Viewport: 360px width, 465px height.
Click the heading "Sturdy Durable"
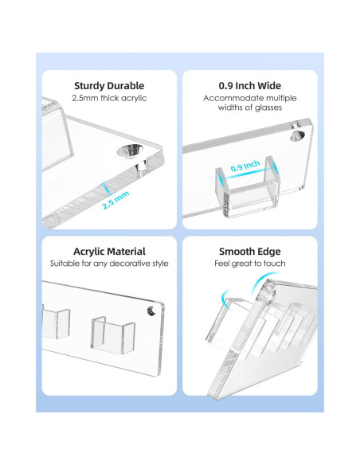coord(109,86)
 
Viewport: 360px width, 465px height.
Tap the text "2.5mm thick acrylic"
coord(109,98)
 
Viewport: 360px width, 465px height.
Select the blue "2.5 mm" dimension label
coord(115,200)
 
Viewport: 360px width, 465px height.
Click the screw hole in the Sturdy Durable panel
coord(130,150)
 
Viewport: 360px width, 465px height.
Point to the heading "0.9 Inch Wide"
coord(249,86)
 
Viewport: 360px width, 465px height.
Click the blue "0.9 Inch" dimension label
coord(245,166)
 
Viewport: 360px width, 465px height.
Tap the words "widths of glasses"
coord(249,107)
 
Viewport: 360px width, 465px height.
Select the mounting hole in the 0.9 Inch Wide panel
coord(297,136)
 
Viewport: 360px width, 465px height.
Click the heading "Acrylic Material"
coord(109,252)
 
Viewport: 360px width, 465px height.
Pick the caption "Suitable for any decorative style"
coord(109,264)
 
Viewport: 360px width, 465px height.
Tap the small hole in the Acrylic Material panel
coord(151,311)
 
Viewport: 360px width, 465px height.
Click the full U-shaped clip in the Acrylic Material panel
coord(112,335)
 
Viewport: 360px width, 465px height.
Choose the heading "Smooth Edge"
coord(249,252)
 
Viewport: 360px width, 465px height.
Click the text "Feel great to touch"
coord(249,264)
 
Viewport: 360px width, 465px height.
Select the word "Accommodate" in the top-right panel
coord(229,98)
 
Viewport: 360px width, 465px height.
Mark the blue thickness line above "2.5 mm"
coord(106,189)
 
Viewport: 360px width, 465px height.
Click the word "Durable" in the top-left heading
coord(126,86)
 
